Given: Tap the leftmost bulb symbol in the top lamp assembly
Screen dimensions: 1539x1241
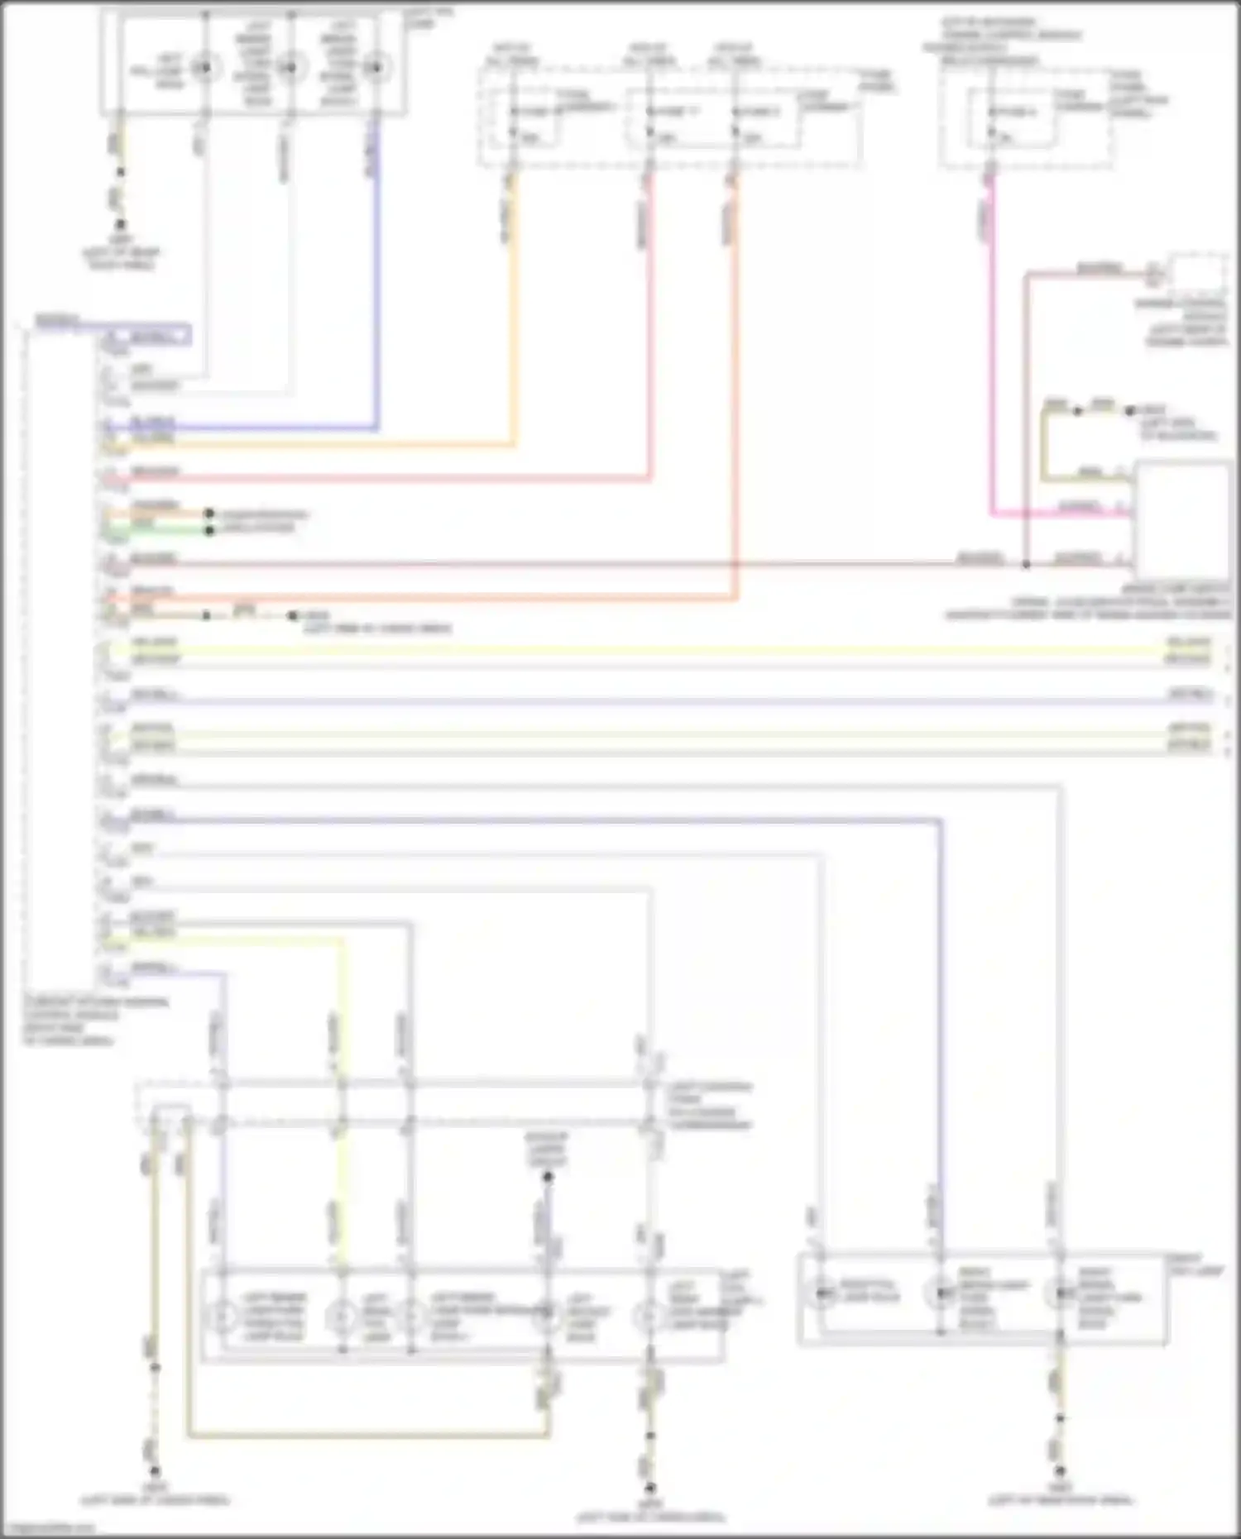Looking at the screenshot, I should pyautogui.click(x=204, y=67).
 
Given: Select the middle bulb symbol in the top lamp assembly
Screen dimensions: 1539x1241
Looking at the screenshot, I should pyautogui.click(x=289, y=67).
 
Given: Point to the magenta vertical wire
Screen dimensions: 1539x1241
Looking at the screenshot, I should pyautogui.click(x=993, y=347).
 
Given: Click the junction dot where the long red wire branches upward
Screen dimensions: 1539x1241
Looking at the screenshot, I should pyautogui.click(x=1026, y=564).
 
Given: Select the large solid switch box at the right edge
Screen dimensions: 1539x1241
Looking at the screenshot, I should pyautogui.click(x=1181, y=521).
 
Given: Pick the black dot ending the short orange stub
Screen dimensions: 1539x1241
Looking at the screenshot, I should pyautogui.click(x=209, y=514).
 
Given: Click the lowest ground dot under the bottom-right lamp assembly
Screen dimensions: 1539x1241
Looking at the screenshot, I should pyautogui.click(x=1060, y=1471).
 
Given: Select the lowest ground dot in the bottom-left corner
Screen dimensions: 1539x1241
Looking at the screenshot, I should pyautogui.click(x=154, y=1471).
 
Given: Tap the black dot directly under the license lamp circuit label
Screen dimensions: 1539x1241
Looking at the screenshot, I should pyautogui.click(x=547, y=1177).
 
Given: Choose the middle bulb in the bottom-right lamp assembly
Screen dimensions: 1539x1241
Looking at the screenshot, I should pyautogui.click(x=940, y=1292).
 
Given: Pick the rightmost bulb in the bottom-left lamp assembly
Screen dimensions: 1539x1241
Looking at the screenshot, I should pyautogui.click(x=649, y=1314).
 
